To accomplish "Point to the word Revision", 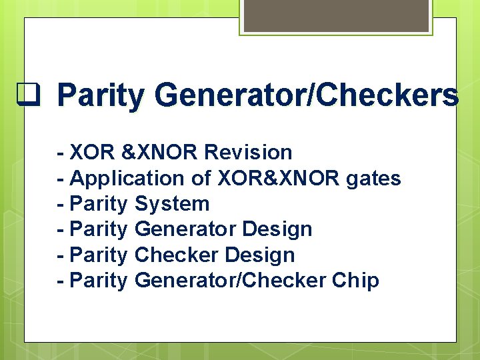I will [248, 153].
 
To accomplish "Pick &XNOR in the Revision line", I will [160, 153].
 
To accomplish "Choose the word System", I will [172, 204].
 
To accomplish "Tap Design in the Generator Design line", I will [277, 229].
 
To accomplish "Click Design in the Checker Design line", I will [260, 255].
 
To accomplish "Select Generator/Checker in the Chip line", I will [229, 281].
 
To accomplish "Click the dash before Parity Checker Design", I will [61, 255].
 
